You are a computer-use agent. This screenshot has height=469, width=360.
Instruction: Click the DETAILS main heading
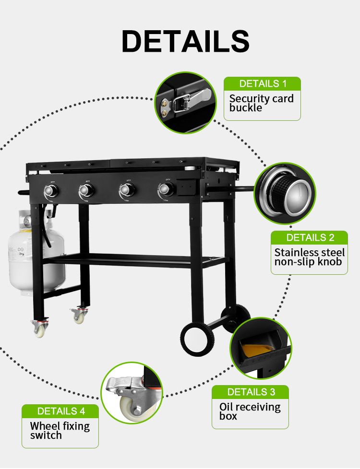pyautogui.click(x=185, y=41)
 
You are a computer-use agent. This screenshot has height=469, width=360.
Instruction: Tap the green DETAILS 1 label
pyautogui.click(x=263, y=84)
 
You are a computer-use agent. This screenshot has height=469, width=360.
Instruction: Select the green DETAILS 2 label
pyautogui.click(x=310, y=237)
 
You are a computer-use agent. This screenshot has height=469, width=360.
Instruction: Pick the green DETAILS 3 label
pyautogui.click(x=251, y=392)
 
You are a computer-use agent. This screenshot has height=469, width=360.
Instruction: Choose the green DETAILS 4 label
pyautogui.click(x=60, y=411)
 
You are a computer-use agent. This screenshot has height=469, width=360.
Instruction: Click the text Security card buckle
pyautogui.click(x=262, y=103)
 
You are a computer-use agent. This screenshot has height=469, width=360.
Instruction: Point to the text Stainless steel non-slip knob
pyautogui.click(x=310, y=257)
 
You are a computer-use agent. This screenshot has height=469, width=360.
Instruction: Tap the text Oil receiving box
pyautogui.click(x=250, y=411)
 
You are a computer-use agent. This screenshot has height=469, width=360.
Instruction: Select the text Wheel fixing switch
pyautogui.click(x=60, y=431)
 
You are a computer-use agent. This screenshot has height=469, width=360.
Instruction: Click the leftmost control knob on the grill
pyautogui.click(x=51, y=191)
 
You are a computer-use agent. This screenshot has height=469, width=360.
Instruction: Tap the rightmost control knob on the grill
pyautogui.click(x=165, y=189)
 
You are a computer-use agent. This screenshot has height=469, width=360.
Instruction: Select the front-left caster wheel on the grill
pyautogui.click(x=40, y=328)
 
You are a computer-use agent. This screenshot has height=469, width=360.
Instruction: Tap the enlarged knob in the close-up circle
pyautogui.click(x=289, y=193)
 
